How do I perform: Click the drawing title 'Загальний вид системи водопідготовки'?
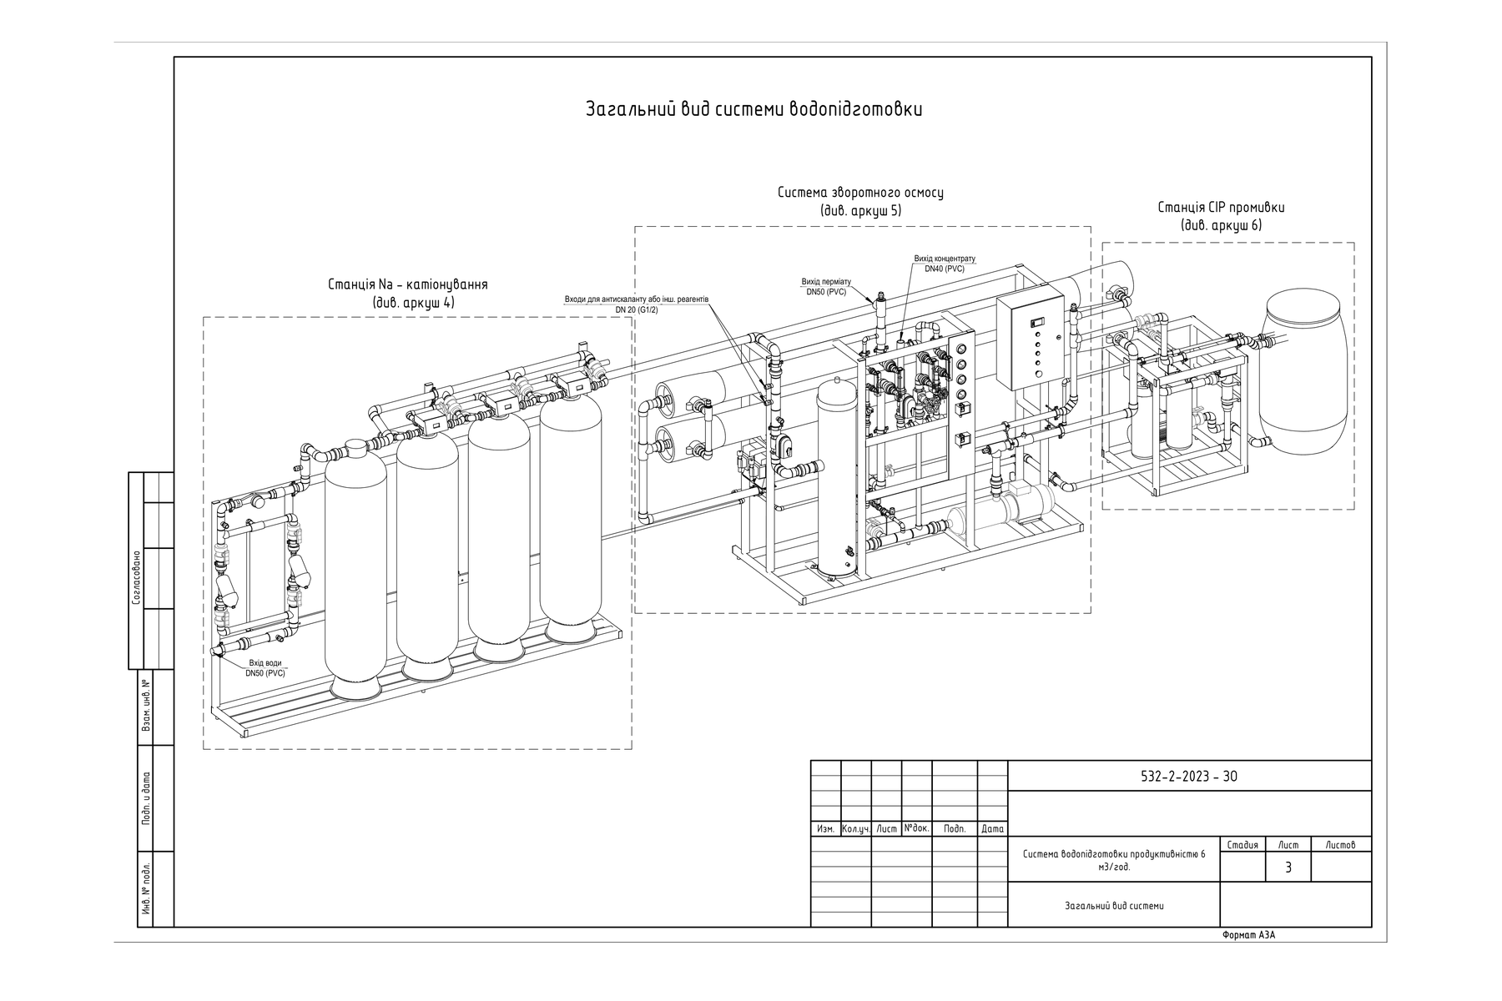point(754,109)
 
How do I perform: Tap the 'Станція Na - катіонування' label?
point(408,284)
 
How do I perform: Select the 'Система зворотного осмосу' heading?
point(860,193)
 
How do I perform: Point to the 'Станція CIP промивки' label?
point(1222,208)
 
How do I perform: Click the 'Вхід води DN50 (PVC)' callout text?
point(265,667)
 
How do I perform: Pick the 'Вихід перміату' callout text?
point(826,282)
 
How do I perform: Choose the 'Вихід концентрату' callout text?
point(945,259)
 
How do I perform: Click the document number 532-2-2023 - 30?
point(1189,777)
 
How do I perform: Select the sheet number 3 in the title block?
point(1288,868)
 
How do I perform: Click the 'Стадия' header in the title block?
point(1243,845)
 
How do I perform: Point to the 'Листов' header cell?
point(1341,845)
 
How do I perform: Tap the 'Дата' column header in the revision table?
point(993,829)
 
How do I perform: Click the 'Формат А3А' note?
point(1248,935)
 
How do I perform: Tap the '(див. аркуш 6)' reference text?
point(1222,226)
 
